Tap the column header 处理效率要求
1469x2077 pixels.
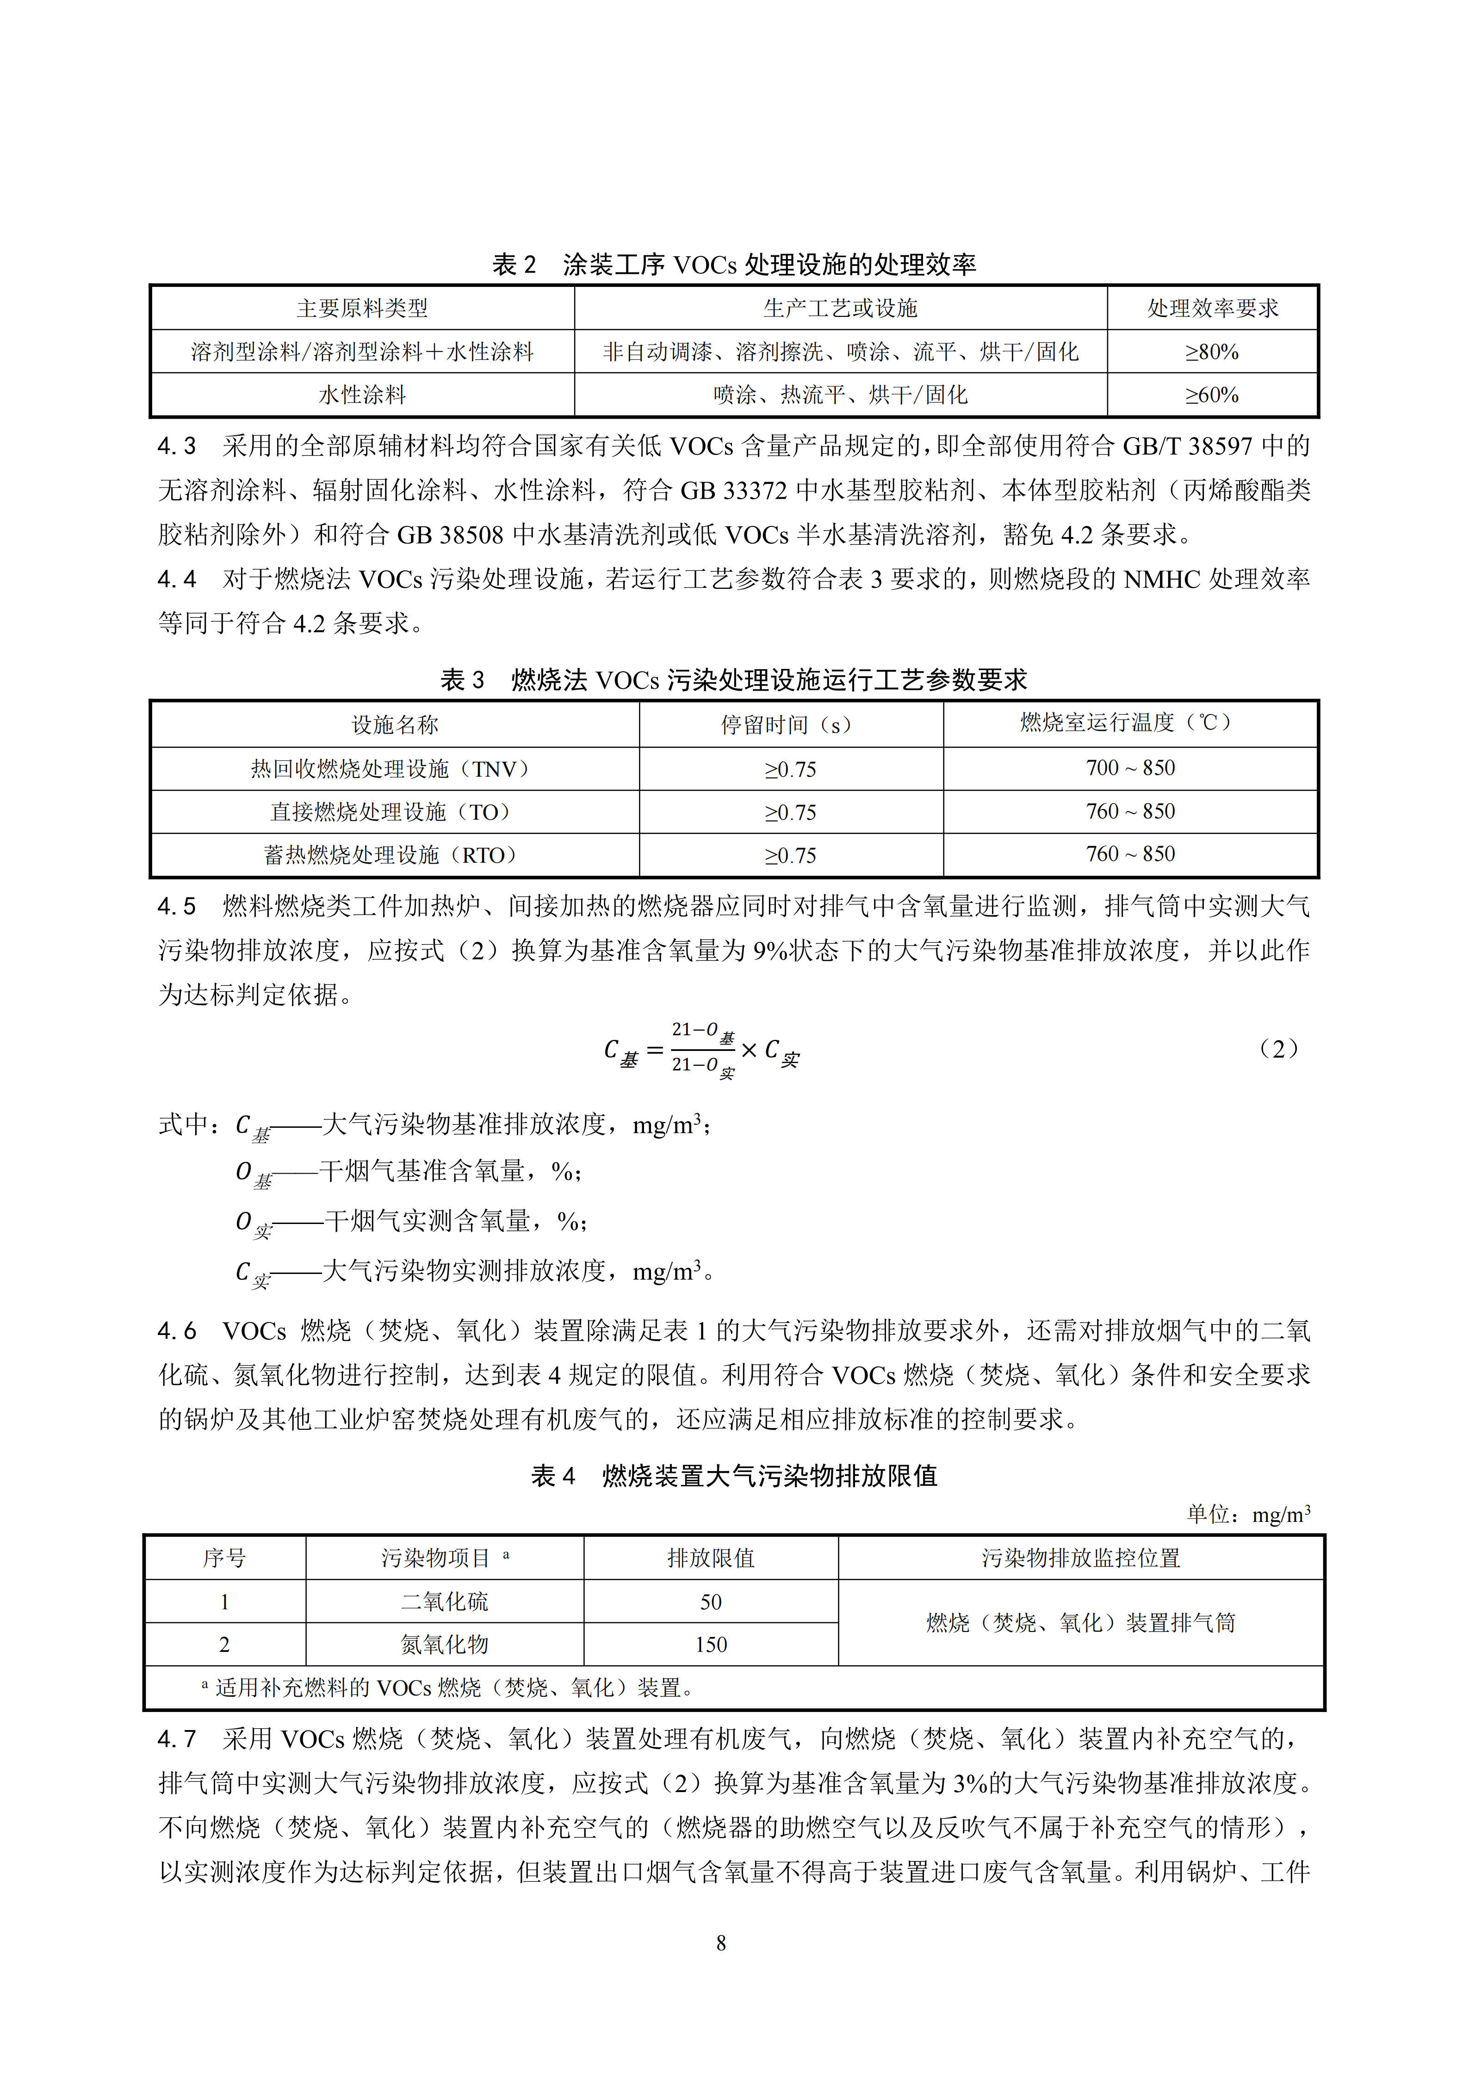click(1212, 309)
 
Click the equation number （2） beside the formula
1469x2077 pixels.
click(1278, 1049)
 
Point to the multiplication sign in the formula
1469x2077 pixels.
click(749, 1050)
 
